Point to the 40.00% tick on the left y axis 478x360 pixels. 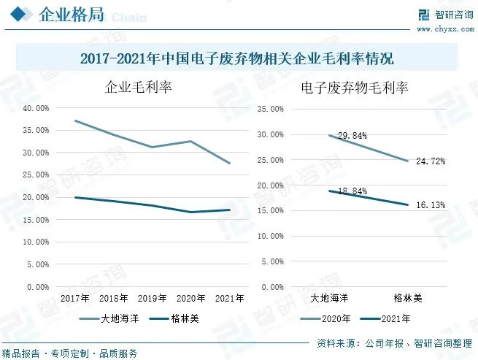pyautogui.click(x=36, y=108)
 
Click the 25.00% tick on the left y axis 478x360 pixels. pyautogui.click(x=36, y=175)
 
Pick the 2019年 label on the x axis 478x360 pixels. pyautogui.click(x=153, y=298)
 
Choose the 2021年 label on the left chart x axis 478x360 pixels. pyautogui.click(x=230, y=298)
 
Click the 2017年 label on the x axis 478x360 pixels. pyautogui.click(x=75, y=298)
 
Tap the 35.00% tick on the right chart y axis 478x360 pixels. pyautogui.click(x=271, y=110)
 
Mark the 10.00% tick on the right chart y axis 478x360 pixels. pyautogui.click(x=271, y=236)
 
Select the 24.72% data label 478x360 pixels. pyautogui.click(x=431, y=161)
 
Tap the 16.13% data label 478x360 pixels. pyautogui.click(x=431, y=205)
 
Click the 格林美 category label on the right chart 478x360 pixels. pyautogui.click(x=407, y=298)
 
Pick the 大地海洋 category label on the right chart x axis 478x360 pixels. pyautogui.click(x=329, y=298)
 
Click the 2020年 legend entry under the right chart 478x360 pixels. pyautogui.click(x=326, y=318)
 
